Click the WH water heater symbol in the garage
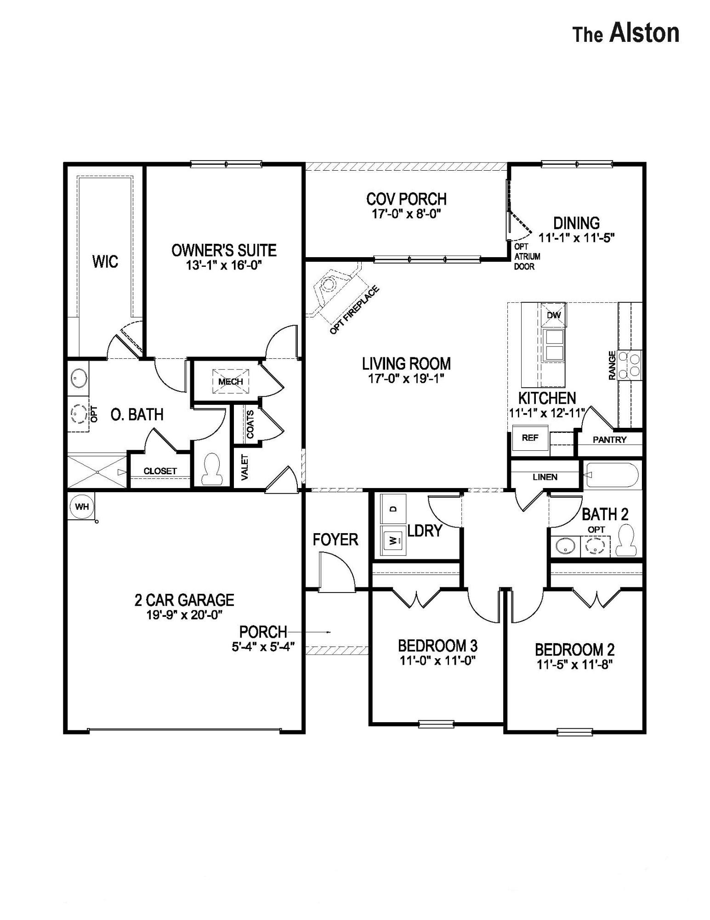coord(82,506)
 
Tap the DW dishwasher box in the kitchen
coord(554,315)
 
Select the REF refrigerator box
coord(530,438)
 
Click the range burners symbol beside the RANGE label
coord(630,365)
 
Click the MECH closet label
coord(230,381)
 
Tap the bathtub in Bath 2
coord(612,476)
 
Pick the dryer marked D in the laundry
coord(393,509)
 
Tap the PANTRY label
coord(609,440)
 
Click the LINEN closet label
coord(545,477)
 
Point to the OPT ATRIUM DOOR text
coord(527,257)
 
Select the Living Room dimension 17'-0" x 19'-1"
coord(406,379)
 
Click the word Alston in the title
coord(644,34)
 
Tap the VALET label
coord(244,467)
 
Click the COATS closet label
coord(250,424)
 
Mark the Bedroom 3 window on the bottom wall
coord(436,724)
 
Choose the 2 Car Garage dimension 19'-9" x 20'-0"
coord(184,615)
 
